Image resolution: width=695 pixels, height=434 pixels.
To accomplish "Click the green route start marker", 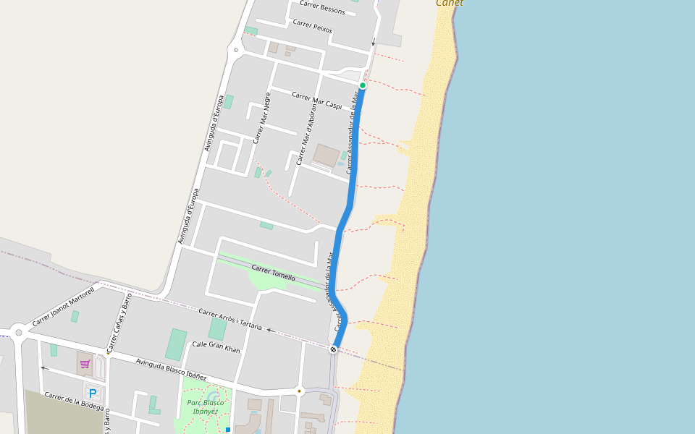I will pos(363,85).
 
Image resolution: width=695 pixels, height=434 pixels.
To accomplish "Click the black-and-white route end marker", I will pos(333,349).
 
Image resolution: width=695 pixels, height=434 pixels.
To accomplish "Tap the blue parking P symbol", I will pos(93,393).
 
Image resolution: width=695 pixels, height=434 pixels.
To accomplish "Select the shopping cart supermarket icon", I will pos(85,363).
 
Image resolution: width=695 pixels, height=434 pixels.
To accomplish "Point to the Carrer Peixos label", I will pos(313,26).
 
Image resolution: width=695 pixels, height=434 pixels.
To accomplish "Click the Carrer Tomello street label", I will pos(273,273).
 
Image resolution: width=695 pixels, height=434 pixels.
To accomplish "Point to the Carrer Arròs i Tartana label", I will pos(230,319).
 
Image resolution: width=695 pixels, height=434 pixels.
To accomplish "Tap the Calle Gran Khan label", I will pos(216,347).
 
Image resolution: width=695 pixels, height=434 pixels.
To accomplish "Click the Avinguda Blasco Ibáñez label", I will pos(171,369).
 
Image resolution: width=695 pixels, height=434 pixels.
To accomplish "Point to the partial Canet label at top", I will pos(450,3).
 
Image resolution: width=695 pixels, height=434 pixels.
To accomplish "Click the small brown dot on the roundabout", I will pos(299,391).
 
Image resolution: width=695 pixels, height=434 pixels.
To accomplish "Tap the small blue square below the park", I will pos(228,430).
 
